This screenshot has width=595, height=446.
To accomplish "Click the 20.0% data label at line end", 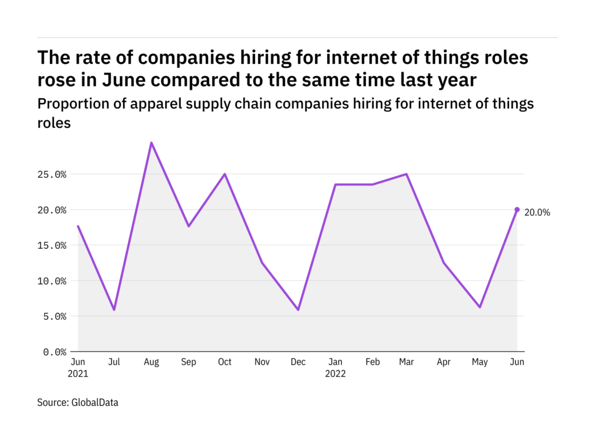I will [537, 213].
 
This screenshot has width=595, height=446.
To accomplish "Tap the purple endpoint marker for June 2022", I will [517, 210].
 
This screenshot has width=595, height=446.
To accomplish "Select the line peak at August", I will [151, 142].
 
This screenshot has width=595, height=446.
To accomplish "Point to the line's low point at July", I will [114, 310].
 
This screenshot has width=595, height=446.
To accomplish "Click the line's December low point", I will [298, 310].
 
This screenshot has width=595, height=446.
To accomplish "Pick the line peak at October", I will [225, 174].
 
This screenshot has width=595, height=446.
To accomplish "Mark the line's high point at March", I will [407, 174].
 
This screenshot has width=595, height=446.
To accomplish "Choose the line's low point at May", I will [480, 307].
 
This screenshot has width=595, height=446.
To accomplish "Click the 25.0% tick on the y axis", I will [53, 174].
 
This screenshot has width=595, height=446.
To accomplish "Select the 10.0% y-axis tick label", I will [53, 281].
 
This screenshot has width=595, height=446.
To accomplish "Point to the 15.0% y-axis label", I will [53, 245].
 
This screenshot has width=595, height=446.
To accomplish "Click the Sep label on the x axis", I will [188, 362].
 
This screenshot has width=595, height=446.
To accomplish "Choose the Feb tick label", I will [372, 362].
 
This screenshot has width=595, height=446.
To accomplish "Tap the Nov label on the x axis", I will [261, 362].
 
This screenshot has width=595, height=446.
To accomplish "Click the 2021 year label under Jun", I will [78, 373].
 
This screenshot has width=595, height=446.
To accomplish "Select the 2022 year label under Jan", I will [335, 373].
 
